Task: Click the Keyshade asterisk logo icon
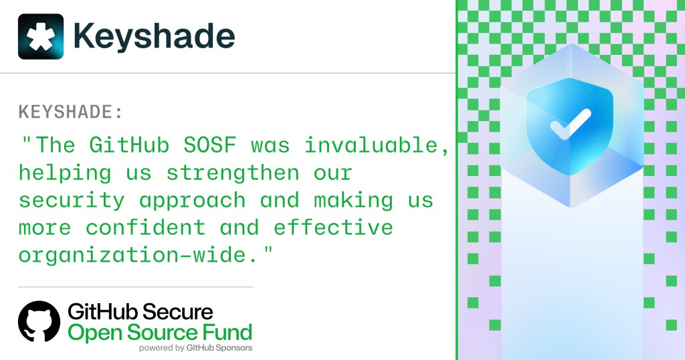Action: coord(41,36)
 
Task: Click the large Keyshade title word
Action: coord(154,36)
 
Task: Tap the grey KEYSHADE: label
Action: coord(71,112)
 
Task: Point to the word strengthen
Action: coord(233,173)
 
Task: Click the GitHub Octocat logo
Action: coord(39,322)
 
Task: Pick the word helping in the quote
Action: coord(64,173)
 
